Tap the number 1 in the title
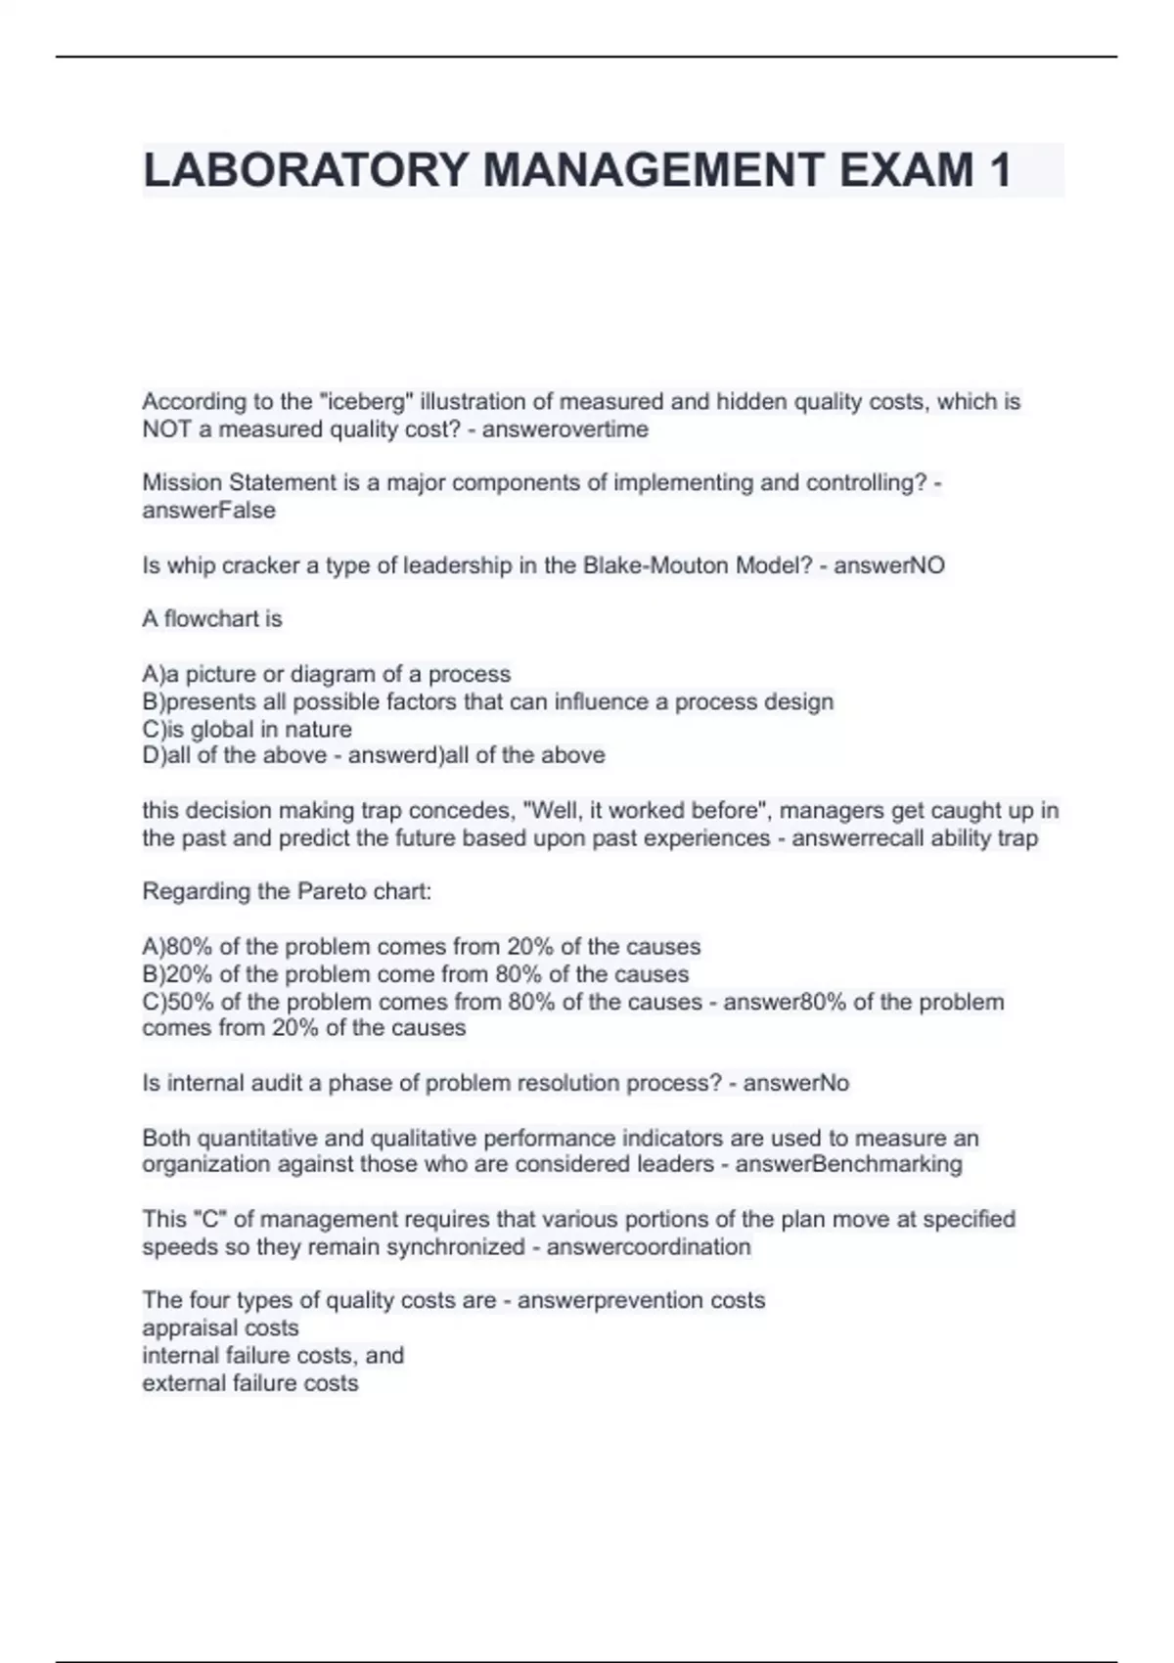point(999,170)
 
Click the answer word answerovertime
point(564,428)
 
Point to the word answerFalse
point(208,510)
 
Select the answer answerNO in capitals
point(889,564)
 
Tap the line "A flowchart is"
point(212,618)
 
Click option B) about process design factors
point(488,701)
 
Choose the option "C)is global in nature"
point(247,729)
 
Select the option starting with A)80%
point(421,946)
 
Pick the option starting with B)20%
point(415,973)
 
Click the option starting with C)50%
point(422,1001)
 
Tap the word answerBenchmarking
point(848,1163)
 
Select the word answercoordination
point(649,1246)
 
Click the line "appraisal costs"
point(220,1327)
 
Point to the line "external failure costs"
point(250,1382)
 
